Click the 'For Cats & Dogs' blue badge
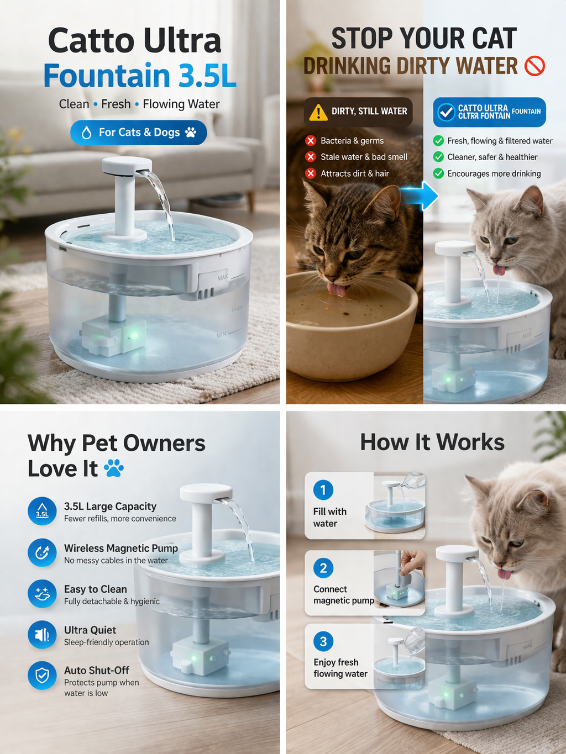tap(138, 133)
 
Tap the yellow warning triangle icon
tap(318, 112)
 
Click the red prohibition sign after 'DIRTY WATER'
tap(534, 66)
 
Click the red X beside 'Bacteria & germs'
tap(311, 141)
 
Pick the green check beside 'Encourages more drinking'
tap(438, 173)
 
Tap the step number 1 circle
tap(323, 490)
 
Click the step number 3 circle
tap(323, 641)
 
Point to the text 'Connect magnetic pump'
tap(343, 595)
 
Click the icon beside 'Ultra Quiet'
tap(42, 635)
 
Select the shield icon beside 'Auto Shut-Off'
tap(42, 676)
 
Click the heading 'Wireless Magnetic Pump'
tap(120, 548)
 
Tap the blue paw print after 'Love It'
tap(114, 468)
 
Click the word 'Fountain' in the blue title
tap(107, 76)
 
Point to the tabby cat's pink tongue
tap(336, 288)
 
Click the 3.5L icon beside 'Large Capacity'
tap(42, 512)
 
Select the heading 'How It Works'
tap(432, 442)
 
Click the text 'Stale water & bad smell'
tap(364, 157)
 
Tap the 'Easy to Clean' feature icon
tap(42, 594)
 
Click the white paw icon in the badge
tap(191, 133)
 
